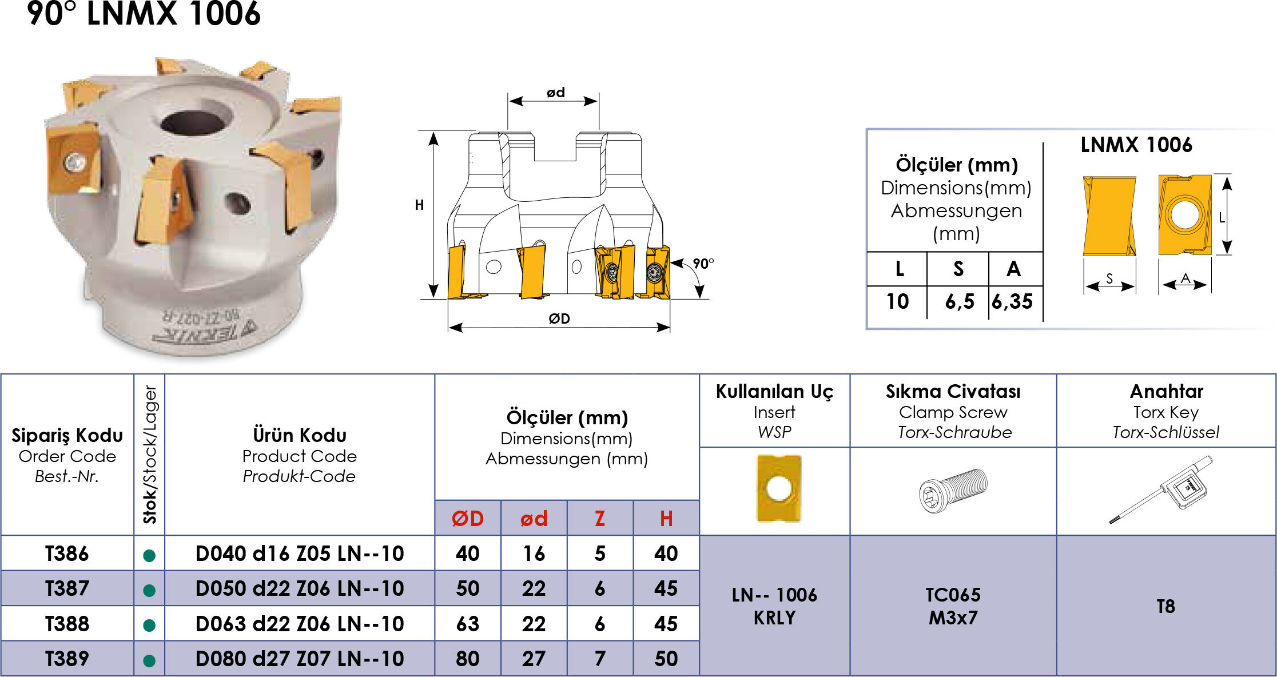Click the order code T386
tap(67, 553)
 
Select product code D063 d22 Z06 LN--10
tap(300, 624)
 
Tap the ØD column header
tap(468, 519)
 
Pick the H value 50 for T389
tap(666, 659)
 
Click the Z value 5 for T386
tap(600, 553)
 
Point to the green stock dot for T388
tap(149, 625)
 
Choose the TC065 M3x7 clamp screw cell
tap(953, 606)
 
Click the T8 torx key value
tap(1166, 606)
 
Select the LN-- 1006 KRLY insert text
tap(775, 606)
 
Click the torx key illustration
tap(1161, 489)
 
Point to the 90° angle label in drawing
tap(703, 264)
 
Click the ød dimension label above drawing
tap(555, 92)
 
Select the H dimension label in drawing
tap(419, 205)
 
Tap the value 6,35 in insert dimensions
tap(1012, 301)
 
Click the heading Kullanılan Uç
tap(775, 391)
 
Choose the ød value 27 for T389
tap(534, 659)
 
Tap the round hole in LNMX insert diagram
tap(1184, 214)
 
